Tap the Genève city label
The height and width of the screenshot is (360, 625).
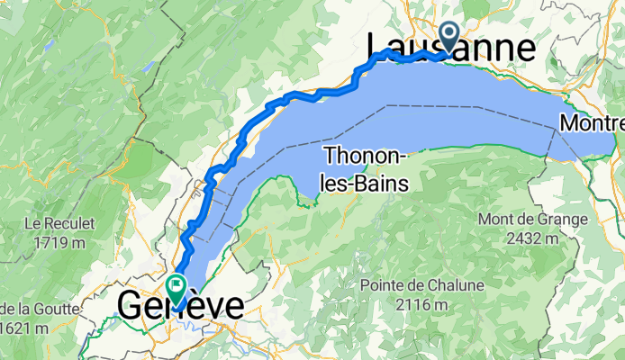[x=181, y=306]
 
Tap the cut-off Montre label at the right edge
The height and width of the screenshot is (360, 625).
[x=591, y=122]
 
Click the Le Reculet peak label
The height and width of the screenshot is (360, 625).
[x=59, y=222]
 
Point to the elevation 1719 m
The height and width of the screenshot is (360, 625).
[x=59, y=242]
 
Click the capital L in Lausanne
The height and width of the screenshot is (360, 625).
[x=379, y=49]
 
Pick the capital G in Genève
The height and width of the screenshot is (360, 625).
[x=131, y=306]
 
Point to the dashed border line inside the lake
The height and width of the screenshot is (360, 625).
[x=468, y=106]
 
